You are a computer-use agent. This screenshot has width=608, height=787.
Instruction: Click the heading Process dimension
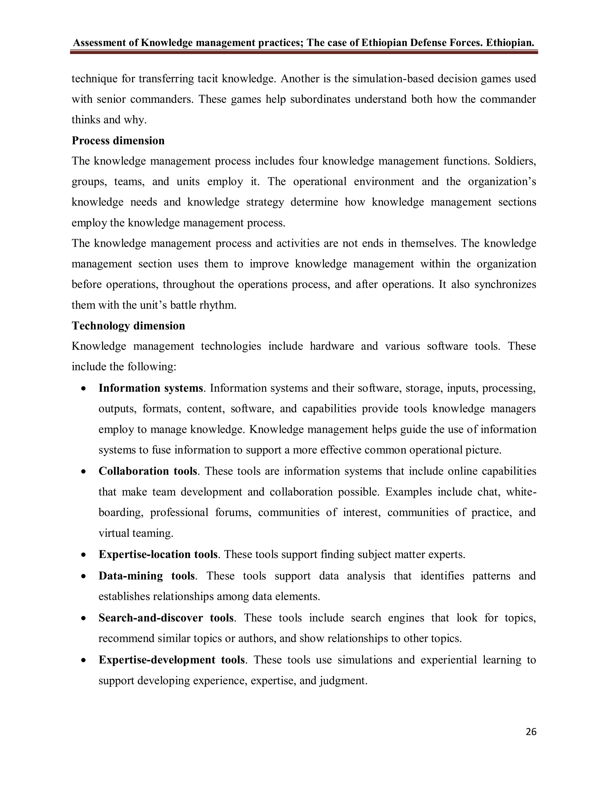point(118,140)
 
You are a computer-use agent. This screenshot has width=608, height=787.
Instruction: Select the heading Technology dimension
point(128,326)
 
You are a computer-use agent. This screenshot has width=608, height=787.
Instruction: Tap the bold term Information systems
point(151,388)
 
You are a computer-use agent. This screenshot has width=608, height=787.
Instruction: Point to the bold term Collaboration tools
point(148,471)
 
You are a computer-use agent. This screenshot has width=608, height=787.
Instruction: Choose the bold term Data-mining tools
point(147,576)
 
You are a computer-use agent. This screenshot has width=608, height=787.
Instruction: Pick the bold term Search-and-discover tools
point(166,618)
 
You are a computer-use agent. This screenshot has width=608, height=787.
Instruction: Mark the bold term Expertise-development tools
point(172,660)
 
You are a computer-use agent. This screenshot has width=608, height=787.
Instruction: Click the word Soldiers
point(515,161)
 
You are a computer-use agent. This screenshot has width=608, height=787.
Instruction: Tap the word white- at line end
point(521,492)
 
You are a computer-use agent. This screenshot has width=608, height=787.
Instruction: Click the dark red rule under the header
point(304,52)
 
